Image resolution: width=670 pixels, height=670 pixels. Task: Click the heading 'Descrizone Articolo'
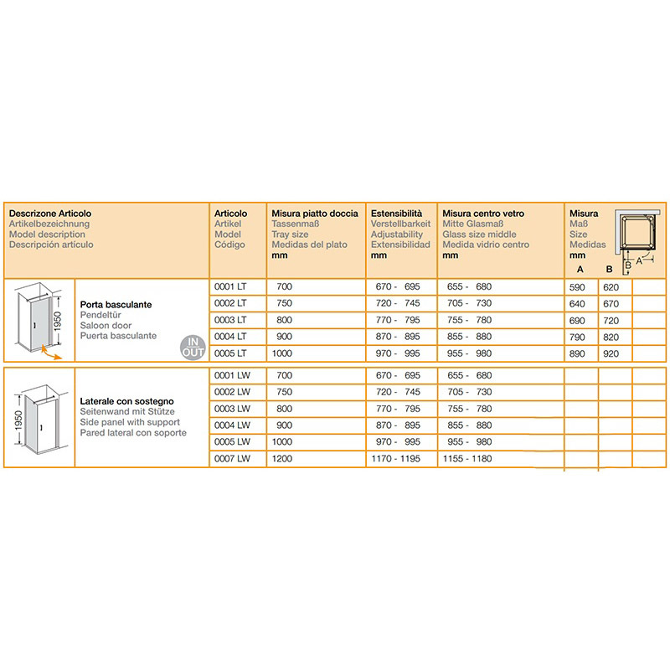pos(50,214)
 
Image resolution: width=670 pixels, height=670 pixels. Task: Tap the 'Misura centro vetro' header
pos(483,214)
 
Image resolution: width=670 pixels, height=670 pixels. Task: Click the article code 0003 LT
pos(230,319)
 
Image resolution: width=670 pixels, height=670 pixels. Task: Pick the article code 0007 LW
pos(232,458)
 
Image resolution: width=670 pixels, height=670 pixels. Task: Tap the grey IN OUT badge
pos(193,346)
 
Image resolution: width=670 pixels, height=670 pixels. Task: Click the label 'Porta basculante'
pos(116,305)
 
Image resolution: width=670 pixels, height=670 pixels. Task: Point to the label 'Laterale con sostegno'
pos(126,402)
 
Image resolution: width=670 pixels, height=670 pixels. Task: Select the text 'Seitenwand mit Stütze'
pos(127,413)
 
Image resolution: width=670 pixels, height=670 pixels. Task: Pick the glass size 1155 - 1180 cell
pos(468,458)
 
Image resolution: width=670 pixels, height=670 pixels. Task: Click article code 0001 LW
pos(232,375)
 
